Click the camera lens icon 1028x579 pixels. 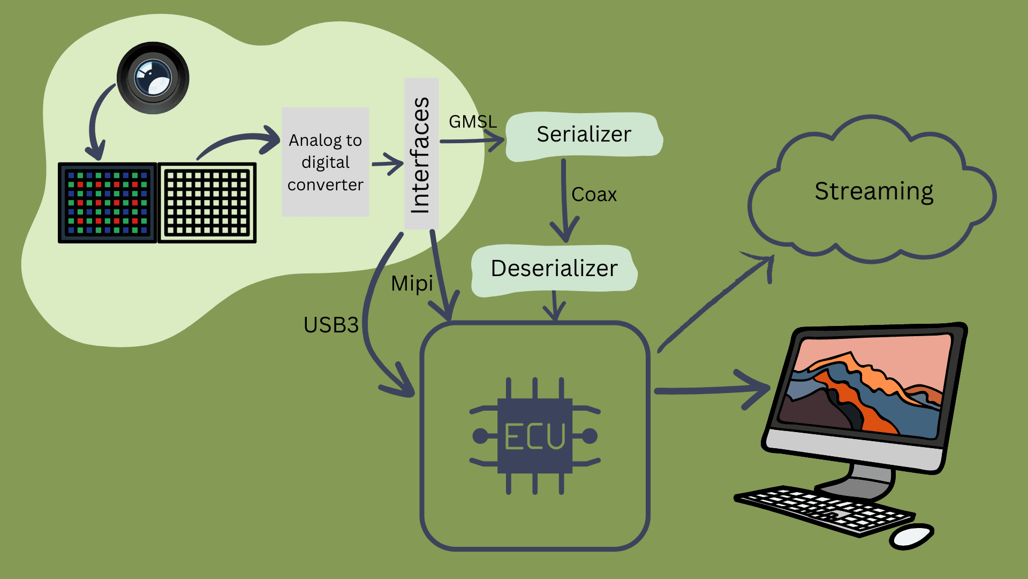click(153, 78)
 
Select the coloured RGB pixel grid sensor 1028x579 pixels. click(107, 203)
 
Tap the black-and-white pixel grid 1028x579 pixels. click(207, 203)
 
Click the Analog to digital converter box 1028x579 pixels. click(326, 162)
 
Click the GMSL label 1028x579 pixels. click(472, 122)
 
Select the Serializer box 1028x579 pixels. click(584, 135)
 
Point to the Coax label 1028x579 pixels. click(594, 195)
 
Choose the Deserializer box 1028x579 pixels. click(554, 269)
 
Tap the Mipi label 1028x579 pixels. click(411, 284)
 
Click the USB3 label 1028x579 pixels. click(331, 325)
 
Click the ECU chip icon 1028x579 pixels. click(535, 436)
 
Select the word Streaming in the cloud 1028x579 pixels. click(874, 191)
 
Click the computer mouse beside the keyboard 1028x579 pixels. click(912, 536)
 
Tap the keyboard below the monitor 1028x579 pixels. click(825, 509)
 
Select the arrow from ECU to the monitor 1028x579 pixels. click(712, 390)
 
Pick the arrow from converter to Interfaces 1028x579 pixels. click(387, 164)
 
